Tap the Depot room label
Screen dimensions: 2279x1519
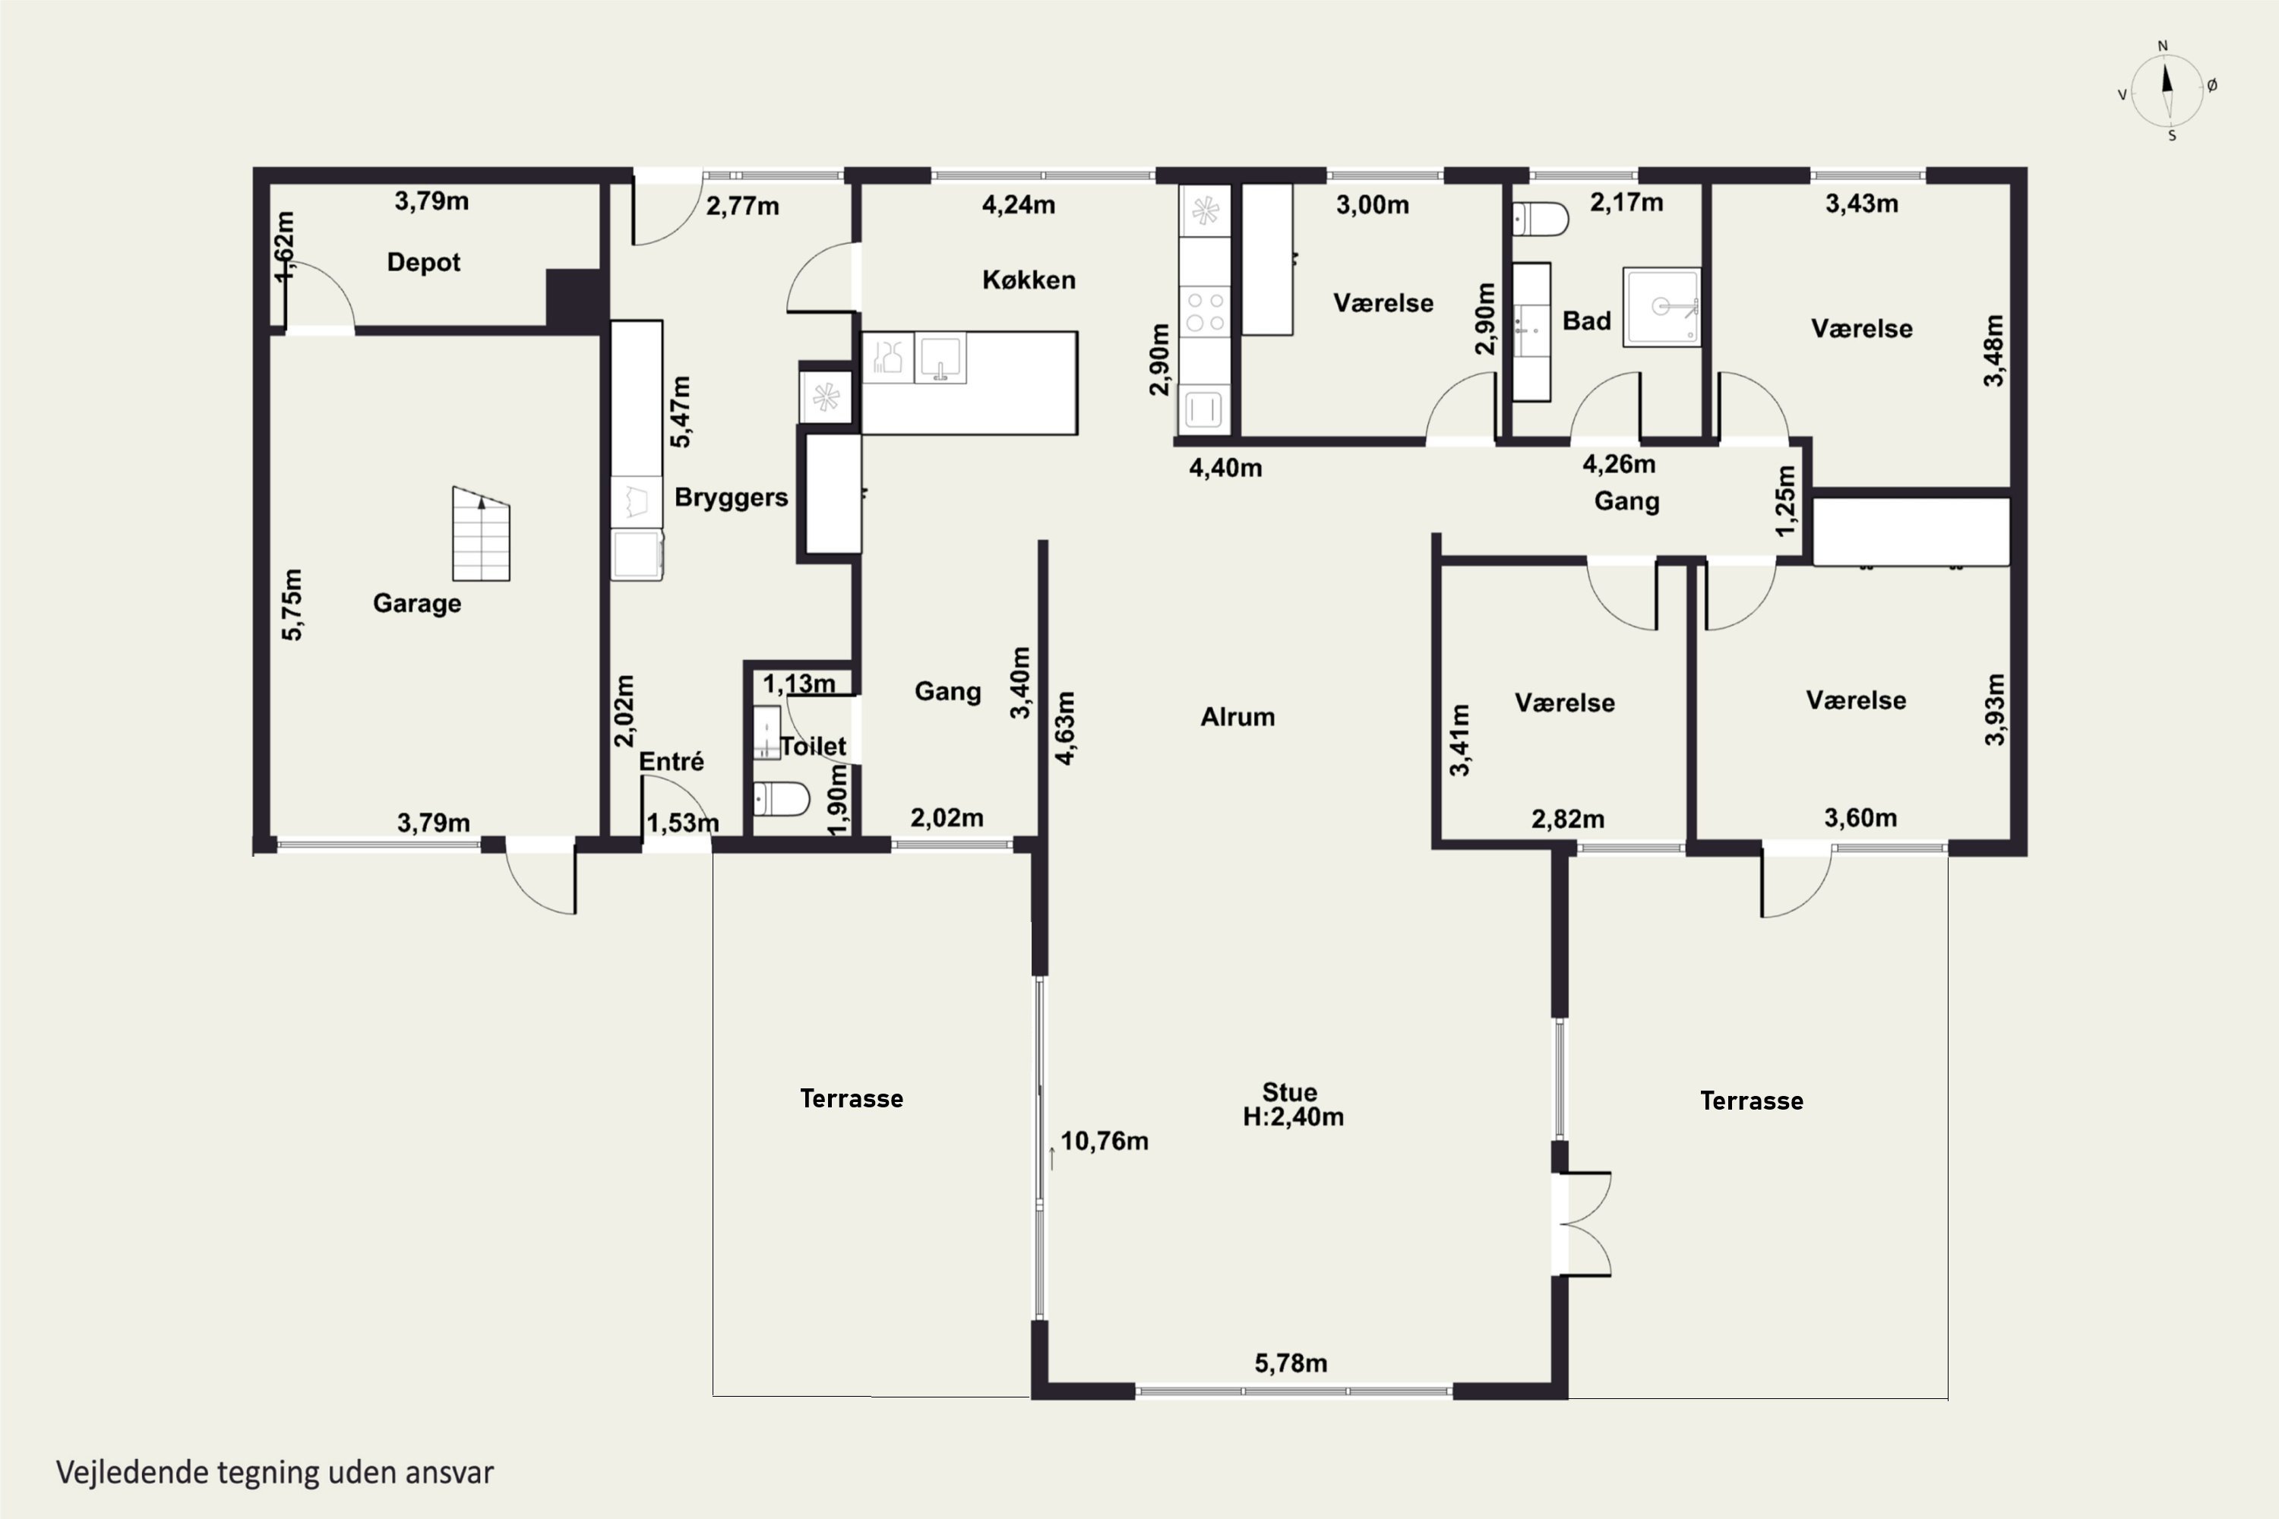tap(423, 263)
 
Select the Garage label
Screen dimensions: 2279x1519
tap(416, 604)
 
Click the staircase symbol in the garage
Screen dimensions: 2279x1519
tap(481, 534)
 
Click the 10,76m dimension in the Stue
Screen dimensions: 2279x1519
tap(1105, 1142)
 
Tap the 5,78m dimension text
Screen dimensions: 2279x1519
tap(1291, 1364)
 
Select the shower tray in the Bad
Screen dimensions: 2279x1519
tap(1662, 307)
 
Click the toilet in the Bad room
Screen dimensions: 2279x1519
tap(1540, 219)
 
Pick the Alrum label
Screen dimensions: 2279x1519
tap(1237, 717)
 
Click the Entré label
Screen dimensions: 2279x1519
tap(671, 762)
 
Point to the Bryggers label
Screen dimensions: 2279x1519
tap(731, 498)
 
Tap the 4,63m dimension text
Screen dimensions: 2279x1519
tap(1065, 728)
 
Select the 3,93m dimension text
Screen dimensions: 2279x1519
tap(1994, 710)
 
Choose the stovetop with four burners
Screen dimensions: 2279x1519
tap(1204, 312)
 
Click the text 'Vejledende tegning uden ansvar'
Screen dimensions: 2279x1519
tap(275, 1473)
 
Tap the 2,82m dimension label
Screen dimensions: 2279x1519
tap(1568, 820)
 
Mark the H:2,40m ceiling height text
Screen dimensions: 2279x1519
tap(1293, 1117)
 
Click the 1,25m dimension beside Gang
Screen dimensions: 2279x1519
tap(1784, 501)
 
